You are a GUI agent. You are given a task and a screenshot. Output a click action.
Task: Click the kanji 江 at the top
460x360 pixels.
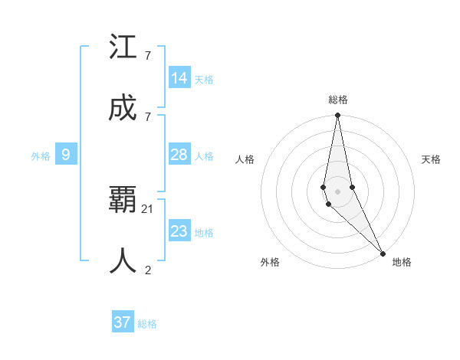[123, 47]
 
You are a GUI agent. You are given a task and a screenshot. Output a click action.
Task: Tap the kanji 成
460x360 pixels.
[123, 109]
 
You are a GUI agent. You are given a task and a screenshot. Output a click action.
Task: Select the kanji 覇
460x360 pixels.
[123, 201]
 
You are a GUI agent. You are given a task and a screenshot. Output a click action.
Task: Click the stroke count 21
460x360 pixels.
[149, 208]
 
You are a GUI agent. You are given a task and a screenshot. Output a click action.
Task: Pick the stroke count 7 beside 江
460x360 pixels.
[147, 55]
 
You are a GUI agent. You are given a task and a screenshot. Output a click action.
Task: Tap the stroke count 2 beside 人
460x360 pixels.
[147, 270]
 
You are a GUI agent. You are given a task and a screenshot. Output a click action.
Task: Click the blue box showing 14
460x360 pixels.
[179, 78]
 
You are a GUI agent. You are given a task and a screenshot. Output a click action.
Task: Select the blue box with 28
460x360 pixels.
[179, 155]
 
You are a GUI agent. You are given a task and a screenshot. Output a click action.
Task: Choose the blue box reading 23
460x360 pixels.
[179, 231]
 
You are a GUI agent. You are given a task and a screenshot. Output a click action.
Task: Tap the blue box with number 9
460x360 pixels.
[66, 155]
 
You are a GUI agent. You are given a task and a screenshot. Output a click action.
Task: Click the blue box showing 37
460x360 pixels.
[123, 322]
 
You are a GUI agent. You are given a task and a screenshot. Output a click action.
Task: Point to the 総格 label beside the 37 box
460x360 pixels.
[147, 324]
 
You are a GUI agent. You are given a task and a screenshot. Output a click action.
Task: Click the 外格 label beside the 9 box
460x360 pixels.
[41, 156]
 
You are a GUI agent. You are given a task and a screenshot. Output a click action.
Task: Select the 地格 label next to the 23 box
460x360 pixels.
[204, 233]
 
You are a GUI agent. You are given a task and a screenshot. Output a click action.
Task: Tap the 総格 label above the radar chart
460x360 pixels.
[338, 100]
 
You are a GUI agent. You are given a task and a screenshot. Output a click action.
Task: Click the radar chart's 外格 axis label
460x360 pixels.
[270, 262]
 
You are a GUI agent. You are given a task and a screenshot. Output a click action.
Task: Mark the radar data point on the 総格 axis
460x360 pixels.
[337, 116]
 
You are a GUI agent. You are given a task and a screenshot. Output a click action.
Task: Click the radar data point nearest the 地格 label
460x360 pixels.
[383, 251]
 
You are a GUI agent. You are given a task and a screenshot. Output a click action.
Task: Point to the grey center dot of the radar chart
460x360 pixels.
[337, 191]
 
